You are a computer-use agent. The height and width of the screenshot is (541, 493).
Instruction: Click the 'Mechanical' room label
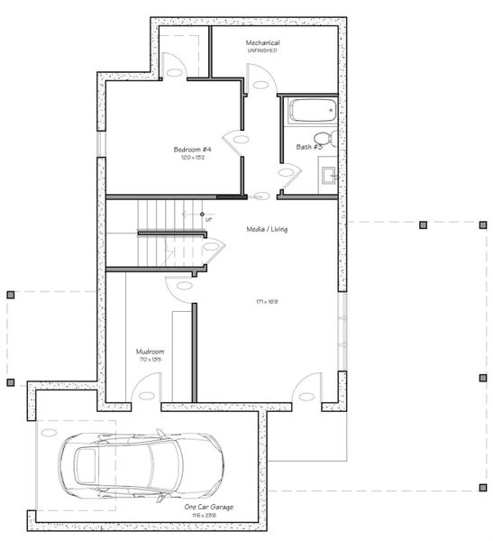click(x=262, y=42)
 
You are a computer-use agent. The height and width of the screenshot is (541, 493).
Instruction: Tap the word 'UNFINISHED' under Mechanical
click(x=262, y=50)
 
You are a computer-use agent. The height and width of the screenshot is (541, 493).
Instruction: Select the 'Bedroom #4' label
click(x=192, y=149)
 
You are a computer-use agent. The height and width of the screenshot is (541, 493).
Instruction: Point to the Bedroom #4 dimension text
click(x=192, y=157)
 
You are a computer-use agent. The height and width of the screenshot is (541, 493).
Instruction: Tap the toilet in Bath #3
click(x=331, y=139)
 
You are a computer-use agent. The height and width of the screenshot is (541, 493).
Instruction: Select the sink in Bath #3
click(x=330, y=173)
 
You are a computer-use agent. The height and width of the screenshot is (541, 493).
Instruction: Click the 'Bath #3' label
click(x=309, y=146)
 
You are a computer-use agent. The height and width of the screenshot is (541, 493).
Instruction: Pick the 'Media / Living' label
click(x=267, y=229)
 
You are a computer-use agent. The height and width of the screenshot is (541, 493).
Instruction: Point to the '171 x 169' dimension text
click(x=266, y=301)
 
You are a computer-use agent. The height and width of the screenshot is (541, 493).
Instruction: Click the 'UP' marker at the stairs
click(x=208, y=219)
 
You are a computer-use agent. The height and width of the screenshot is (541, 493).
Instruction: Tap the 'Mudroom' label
click(x=149, y=352)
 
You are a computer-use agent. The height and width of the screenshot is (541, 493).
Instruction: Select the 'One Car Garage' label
click(x=208, y=508)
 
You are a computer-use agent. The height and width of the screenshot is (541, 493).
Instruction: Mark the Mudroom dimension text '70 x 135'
click(x=149, y=360)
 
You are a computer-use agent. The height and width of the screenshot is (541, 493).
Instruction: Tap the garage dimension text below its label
click(x=208, y=516)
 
